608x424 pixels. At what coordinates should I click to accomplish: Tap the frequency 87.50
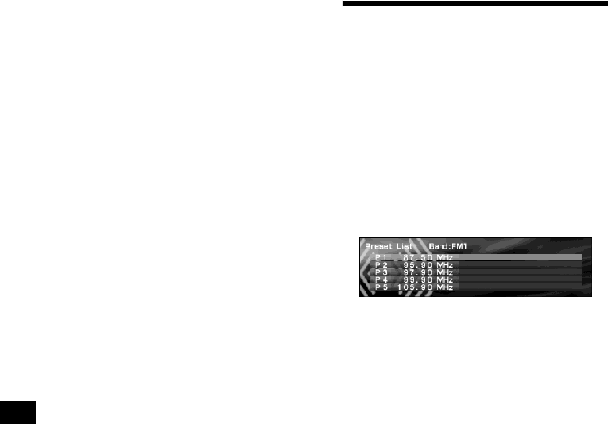pos(416,258)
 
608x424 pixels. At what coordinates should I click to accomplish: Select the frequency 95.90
pos(416,265)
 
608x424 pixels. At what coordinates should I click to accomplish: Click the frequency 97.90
pos(416,272)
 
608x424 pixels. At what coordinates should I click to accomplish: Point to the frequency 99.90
pos(416,279)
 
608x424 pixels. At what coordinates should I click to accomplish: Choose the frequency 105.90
pos(414,287)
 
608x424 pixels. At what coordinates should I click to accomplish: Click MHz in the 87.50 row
pos(444,258)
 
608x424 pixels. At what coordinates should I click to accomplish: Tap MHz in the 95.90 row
pos(444,265)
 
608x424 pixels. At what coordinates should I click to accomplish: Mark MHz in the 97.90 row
pos(444,272)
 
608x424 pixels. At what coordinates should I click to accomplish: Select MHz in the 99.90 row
pos(444,279)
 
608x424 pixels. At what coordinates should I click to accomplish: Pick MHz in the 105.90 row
pos(444,287)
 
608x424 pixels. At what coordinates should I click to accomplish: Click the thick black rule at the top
pos(474,4)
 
